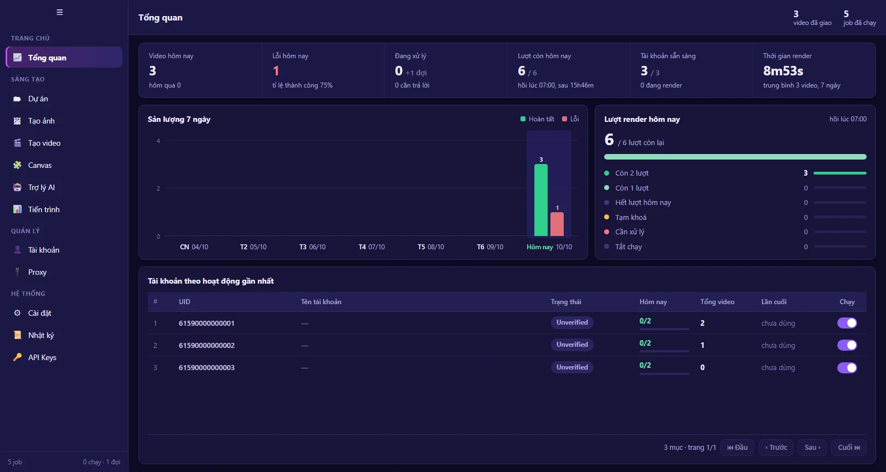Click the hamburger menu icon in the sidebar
click(x=60, y=12)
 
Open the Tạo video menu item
click(x=44, y=143)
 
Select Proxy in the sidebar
click(x=37, y=272)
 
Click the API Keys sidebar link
click(x=42, y=357)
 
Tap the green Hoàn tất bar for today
click(x=540, y=200)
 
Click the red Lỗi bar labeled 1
click(x=557, y=224)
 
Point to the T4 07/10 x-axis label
click(x=372, y=247)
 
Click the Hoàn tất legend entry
click(x=537, y=119)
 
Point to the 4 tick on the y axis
click(x=158, y=141)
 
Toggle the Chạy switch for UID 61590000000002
click(x=847, y=345)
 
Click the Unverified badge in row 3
click(x=572, y=367)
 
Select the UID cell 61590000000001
click(x=207, y=323)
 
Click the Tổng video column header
click(x=717, y=302)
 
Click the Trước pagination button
click(x=776, y=448)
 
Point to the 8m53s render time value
click(x=783, y=71)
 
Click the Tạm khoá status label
click(x=631, y=217)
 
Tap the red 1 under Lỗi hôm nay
click(x=276, y=71)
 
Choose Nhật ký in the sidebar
click(x=41, y=335)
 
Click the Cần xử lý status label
click(x=630, y=232)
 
